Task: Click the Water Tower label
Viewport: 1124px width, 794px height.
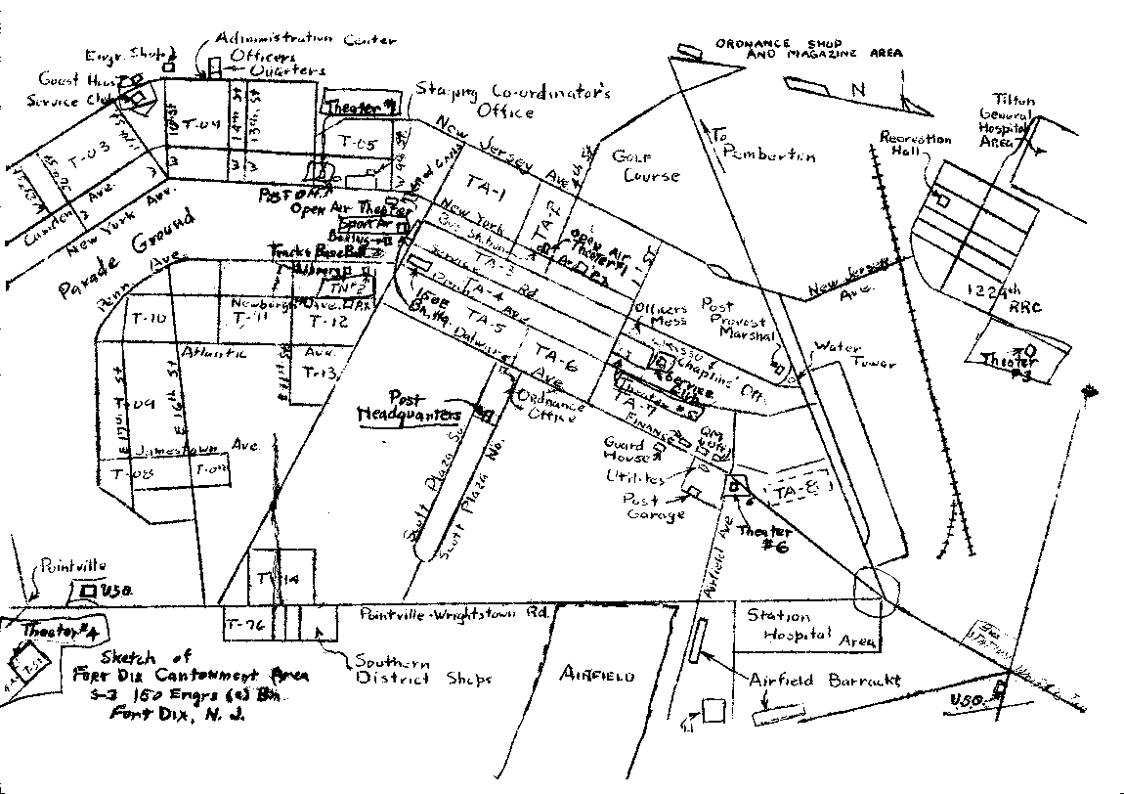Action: coord(859,354)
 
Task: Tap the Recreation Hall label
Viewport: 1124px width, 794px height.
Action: coord(915,146)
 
